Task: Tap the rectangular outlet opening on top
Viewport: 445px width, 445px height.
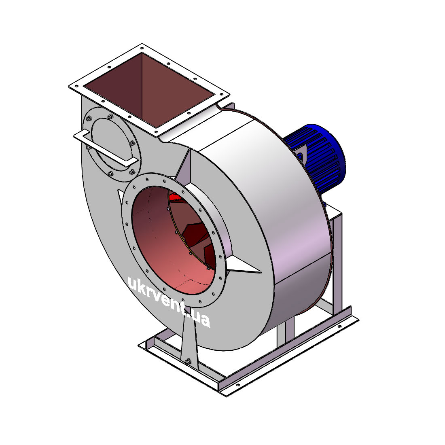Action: (149, 90)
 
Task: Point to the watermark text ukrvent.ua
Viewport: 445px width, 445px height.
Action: (169, 302)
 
